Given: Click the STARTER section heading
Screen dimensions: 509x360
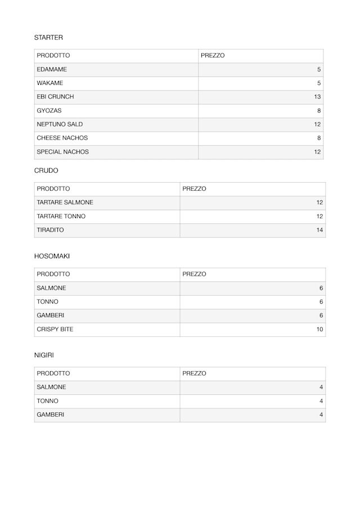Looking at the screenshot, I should (x=48, y=38).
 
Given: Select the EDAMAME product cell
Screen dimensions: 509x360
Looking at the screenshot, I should (x=52, y=70).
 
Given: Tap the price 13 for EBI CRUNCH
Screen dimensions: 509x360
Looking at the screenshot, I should (x=317, y=97).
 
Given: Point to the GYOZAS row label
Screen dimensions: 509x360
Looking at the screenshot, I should (x=49, y=111).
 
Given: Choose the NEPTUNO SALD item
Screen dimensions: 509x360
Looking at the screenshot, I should (x=60, y=124).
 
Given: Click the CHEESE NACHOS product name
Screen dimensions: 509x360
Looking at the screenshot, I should (x=62, y=138).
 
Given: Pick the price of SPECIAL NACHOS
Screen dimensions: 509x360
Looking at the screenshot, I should (x=317, y=152).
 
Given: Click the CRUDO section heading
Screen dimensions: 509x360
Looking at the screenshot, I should (x=46, y=170).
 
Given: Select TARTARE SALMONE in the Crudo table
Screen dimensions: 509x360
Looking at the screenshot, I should (x=65, y=202).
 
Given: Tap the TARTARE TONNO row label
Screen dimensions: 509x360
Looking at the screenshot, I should (x=61, y=217).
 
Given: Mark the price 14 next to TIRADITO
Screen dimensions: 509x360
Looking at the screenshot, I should (x=319, y=230).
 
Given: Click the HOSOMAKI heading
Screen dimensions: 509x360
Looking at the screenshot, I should (x=52, y=256).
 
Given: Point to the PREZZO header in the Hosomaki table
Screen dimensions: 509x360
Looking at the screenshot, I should (x=194, y=274).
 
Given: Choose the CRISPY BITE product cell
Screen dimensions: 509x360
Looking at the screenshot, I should (x=55, y=330).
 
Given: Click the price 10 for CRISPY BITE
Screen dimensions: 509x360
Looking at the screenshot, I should (x=319, y=330).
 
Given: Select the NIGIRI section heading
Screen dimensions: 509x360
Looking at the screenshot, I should (x=44, y=355).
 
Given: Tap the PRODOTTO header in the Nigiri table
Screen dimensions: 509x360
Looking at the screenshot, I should (x=53, y=373).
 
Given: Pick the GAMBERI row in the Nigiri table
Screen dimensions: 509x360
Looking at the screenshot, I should (x=50, y=415).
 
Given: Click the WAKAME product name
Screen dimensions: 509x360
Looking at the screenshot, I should (x=50, y=83).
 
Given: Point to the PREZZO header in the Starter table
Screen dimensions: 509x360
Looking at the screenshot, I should (x=213, y=56).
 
